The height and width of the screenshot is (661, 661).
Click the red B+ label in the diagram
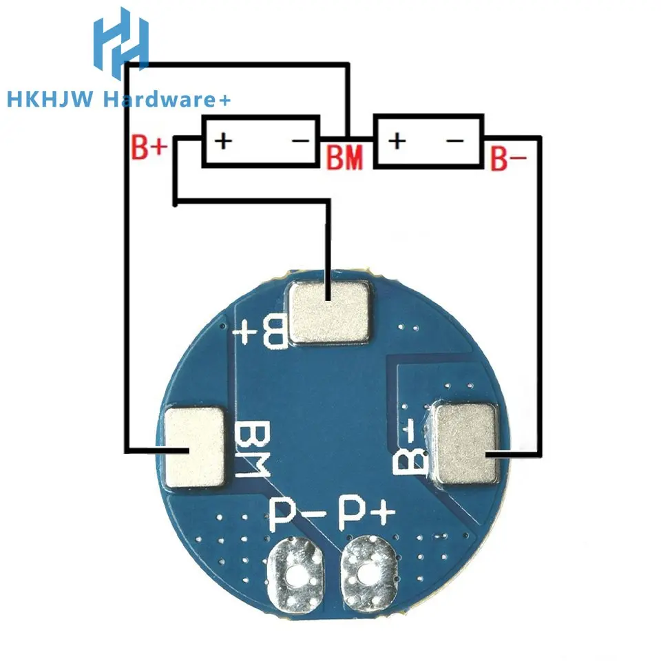pyautogui.click(x=149, y=149)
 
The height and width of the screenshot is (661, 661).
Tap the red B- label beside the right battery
pyautogui.click(x=508, y=158)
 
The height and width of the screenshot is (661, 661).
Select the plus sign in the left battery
pyautogui.click(x=223, y=141)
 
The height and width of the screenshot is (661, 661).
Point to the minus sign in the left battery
pyautogui.click(x=301, y=141)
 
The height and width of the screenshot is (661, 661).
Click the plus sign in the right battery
pyautogui.click(x=396, y=141)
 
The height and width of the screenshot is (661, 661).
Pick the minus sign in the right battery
pyautogui.click(x=455, y=141)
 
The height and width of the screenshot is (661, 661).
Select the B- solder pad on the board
pyautogui.click(x=466, y=442)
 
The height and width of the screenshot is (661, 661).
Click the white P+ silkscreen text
pyautogui.click(x=368, y=514)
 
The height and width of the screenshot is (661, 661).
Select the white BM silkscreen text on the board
pyautogui.click(x=249, y=450)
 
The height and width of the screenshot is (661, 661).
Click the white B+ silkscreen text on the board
pyautogui.click(x=263, y=331)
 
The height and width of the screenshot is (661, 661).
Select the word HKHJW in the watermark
pyautogui.click(x=51, y=101)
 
